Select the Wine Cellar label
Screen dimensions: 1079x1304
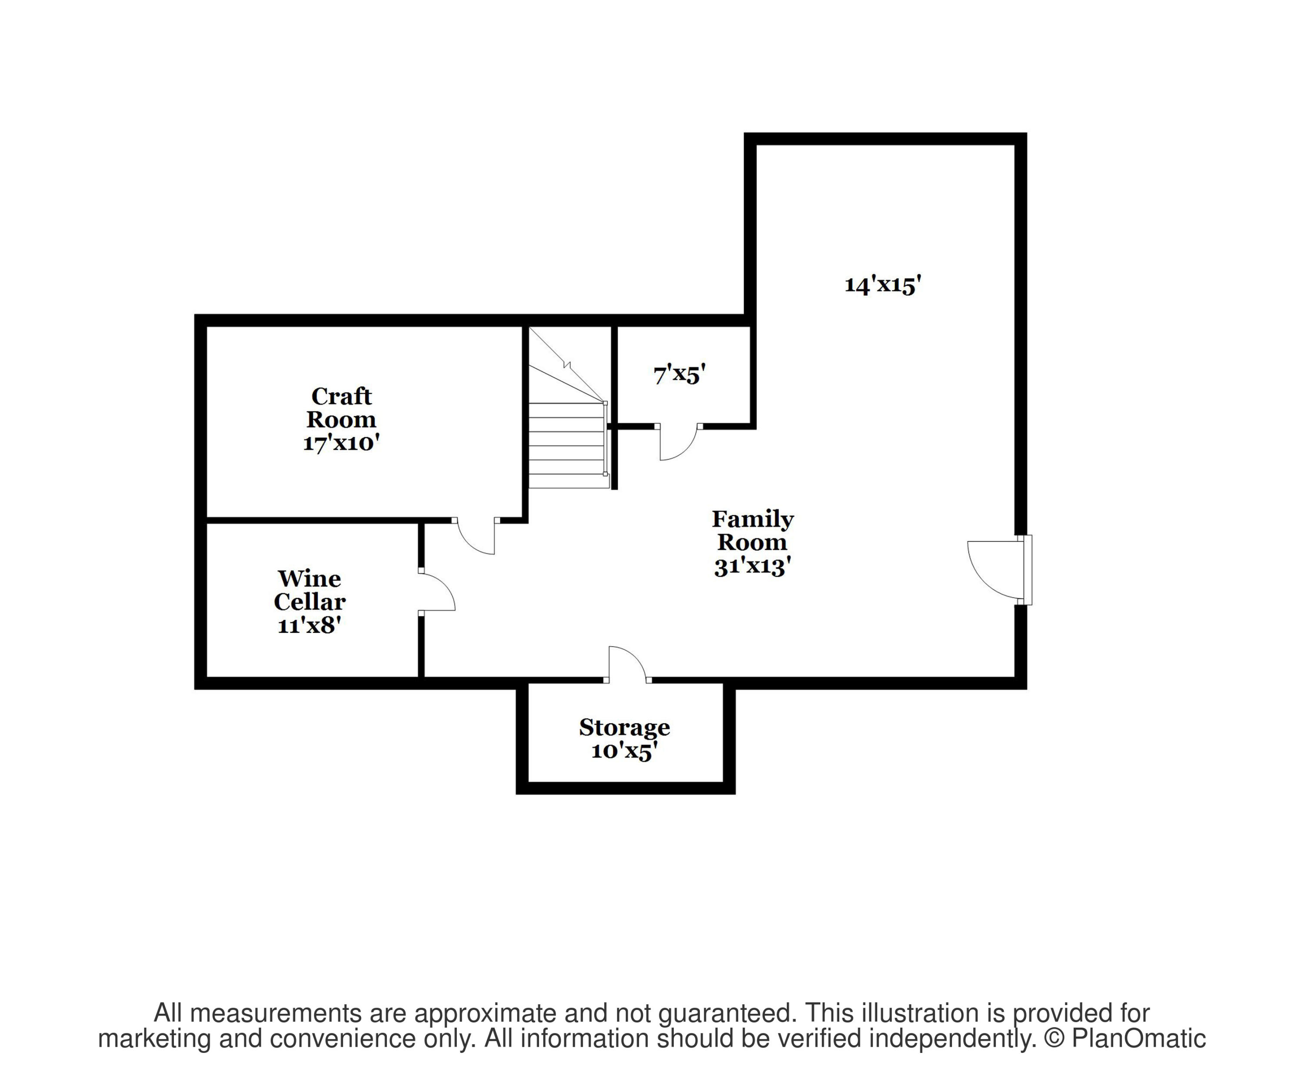pos(309,590)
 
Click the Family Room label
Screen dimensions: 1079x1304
pos(752,531)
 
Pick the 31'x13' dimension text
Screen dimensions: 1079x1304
pos(752,567)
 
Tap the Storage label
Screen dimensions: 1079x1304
pos(624,728)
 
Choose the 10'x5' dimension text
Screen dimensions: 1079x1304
pos(624,751)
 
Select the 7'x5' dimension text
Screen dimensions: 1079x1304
pos(679,374)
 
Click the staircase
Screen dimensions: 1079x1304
pos(566,435)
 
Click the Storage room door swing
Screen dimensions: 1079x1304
pos(627,663)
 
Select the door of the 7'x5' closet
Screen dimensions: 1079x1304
pos(678,442)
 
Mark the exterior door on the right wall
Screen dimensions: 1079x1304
pos(996,569)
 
